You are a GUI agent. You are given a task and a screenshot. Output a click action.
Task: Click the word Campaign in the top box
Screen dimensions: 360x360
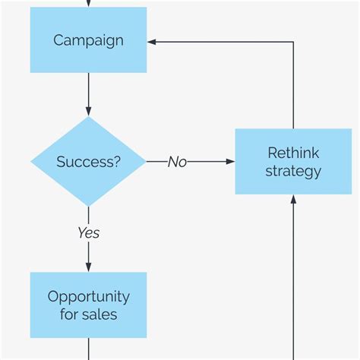[x=88, y=40]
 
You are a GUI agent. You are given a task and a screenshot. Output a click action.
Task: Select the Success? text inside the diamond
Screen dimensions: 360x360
[x=88, y=162]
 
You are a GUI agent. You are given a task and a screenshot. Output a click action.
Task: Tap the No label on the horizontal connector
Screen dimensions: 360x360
[x=177, y=162]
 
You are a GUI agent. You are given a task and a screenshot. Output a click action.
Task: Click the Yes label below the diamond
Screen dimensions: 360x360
[x=88, y=233]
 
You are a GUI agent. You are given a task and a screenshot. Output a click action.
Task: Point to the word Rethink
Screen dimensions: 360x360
[x=293, y=153]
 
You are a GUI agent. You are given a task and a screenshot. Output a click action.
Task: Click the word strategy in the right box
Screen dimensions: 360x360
[x=293, y=171]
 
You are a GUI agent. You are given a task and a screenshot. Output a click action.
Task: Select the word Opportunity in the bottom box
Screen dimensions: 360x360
[x=88, y=296]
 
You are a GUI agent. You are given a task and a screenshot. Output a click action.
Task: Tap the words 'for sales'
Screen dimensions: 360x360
[x=88, y=314]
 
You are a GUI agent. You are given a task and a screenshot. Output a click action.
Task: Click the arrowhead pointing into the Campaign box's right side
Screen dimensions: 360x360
[x=152, y=41]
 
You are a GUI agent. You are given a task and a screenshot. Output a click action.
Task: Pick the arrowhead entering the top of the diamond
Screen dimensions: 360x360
[x=88, y=111]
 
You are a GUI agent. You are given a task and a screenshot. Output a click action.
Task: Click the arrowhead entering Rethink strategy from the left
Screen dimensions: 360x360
[x=230, y=162]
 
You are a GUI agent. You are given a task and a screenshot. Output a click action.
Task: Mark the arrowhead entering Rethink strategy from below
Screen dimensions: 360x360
[x=293, y=200]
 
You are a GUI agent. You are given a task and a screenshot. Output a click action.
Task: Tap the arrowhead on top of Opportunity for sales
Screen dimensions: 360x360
[x=88, y=267]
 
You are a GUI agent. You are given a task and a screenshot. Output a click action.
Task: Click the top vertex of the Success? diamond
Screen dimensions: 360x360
[x=88, y=117]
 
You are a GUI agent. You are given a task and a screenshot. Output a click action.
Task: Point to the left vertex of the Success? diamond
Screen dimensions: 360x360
[x=31, y=162]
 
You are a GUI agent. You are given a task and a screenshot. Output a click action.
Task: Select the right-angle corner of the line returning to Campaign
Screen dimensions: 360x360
[x=293, y=41]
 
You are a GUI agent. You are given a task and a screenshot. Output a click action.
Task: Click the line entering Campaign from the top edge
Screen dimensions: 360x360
[x=88, y=3]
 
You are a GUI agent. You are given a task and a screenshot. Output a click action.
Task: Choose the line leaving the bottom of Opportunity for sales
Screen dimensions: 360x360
[x=88, y=349]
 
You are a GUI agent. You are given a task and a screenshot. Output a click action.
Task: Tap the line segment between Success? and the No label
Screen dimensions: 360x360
[x=156, y=162]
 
